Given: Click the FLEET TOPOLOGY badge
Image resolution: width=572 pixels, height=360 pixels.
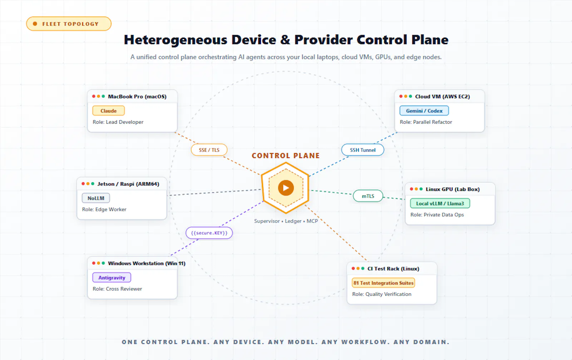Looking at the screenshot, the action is click(x=69, y=24).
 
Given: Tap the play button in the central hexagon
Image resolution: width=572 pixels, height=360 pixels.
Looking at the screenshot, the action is click(x=286, y=188).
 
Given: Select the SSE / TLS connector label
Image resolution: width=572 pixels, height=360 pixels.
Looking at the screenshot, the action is click(x=209, y=150).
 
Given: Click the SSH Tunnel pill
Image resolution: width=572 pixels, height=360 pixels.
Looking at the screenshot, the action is click(x=363, y=150).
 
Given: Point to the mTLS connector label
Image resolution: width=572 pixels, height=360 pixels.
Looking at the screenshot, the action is click(x=368, y=196).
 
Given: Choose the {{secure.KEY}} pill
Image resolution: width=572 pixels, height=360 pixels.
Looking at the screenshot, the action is click(x=209, y=233).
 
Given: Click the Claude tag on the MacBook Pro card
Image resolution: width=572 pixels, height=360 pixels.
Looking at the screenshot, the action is click(x=109, y=111).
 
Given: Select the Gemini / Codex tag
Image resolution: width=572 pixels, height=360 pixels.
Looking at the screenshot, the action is click(x=424, y=111).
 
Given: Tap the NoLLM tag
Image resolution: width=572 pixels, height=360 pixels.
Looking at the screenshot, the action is click(x=96, y=198).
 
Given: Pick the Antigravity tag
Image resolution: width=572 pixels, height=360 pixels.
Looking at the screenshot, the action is click(x=112, y=277).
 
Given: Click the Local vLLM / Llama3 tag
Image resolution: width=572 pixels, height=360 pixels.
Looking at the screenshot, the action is click(x=440, y=203).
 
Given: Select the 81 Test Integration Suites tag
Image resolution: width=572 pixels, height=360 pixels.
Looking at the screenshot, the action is click(x=383, y=283).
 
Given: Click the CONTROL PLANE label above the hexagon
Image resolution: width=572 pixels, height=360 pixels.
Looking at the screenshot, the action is click(x=286, y=156).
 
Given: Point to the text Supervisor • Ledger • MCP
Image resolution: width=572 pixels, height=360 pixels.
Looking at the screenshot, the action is click(x=286, y=221).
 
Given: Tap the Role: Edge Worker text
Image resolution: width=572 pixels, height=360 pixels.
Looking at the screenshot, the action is click(x=104, y=209).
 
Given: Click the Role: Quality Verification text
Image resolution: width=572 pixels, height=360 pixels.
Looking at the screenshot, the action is click(x=382, y=294).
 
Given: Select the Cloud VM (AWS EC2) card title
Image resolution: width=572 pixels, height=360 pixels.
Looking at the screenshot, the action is click(x=443, y=97).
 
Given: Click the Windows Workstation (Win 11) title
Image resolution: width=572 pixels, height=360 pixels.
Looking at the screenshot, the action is click(x=147, y=263).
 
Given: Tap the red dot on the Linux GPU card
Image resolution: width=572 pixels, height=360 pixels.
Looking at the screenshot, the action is click(x=411, y=189).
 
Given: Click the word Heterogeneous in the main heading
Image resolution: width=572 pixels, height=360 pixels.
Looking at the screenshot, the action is click(x=176, y=40).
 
